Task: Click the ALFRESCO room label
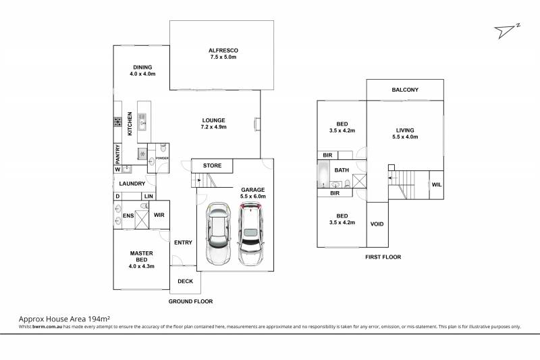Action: (x=223, y=50)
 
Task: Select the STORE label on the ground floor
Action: (x=212, y=165)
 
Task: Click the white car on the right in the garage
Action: (x=250, y=234)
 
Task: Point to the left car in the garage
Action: (x=218, y=234)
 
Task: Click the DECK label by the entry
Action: (x=185, y=282)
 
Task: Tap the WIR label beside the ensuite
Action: (x=159, y=215)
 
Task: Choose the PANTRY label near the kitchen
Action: (x=117, y=154)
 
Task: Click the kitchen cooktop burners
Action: (x=117, y=122)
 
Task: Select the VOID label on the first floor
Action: (x=377, y=224)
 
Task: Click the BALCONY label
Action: (x=405, y=90)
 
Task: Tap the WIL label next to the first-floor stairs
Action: (x=436, y=184)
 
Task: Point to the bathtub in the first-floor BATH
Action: (x=323, y=174)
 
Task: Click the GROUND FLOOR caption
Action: (x=190, y=301)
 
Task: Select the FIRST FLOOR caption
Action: (x=383, y=257)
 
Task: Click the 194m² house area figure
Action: (x=99, y=319)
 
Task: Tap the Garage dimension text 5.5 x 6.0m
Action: (x=252, y=197)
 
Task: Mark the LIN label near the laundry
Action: (x=148, y=197)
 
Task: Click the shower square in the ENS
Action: (x=141, y=220)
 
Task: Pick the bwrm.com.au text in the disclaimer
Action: (x=47, y=327)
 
